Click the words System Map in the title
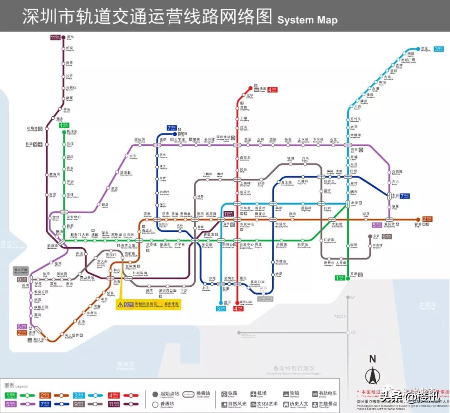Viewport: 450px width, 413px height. (307, 20)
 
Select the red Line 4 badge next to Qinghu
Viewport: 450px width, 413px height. (272, 89)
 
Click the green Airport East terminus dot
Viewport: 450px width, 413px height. (64, 131)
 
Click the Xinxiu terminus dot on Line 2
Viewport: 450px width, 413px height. (418, 219)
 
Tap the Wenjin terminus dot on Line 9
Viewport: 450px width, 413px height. (370, 236)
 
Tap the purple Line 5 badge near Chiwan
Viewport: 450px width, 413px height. (22, 326)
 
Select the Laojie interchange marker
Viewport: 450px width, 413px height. (347, 203)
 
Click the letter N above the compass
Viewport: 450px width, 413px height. (372, 359)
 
